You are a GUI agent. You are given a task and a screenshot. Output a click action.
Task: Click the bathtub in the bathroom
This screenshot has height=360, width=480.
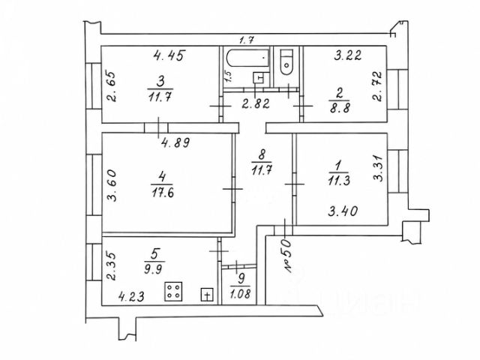coord(248,58)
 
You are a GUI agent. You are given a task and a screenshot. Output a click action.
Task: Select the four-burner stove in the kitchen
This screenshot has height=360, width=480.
coord(173,291)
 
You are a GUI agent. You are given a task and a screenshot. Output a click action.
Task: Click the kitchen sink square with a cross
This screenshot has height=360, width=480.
coord(207,295)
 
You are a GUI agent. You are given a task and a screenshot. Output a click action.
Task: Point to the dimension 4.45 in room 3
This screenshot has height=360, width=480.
coord(169,55)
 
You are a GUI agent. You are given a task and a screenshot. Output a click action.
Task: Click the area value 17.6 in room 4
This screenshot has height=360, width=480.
coord(163,193)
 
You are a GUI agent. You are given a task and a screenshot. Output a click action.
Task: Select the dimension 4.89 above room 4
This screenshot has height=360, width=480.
coord(175,142)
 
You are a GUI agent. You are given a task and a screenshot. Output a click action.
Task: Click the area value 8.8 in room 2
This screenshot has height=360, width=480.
coord(340,108)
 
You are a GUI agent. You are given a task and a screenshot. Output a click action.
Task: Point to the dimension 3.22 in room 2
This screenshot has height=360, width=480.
coord(348,55)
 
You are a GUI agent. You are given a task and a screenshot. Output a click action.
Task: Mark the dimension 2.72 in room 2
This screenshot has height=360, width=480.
coord(378,86)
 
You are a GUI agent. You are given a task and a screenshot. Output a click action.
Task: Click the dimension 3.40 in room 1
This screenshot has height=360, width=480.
coord(343,211)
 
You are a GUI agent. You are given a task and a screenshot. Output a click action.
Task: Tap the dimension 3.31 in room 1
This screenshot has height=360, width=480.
coord(378,169)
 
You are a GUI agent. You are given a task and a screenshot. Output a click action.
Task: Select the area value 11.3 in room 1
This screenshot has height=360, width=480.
coord(339,181)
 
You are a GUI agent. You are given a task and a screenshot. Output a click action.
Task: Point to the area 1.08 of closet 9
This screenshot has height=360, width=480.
coord(241,294)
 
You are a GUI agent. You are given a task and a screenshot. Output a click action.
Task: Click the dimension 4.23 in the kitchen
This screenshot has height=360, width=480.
coord(131,297)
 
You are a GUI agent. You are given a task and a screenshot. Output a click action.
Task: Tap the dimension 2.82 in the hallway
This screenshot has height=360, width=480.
coord(256,103)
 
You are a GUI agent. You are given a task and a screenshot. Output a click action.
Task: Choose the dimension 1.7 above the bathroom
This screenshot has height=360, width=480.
coord(246,40)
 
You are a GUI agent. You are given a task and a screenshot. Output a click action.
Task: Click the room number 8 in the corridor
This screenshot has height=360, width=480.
coord(262,154)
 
